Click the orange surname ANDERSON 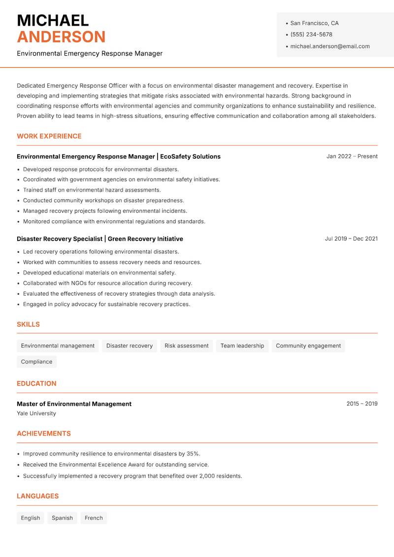click(61, 37)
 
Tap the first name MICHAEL click(53, 20)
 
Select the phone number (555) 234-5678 click(311, 35)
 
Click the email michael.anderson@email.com click(330, 46)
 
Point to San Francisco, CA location click(314, 23)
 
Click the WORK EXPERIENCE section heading click(49, 136)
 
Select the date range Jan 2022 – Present click(352, 156)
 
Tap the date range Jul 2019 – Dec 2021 click(351, 239)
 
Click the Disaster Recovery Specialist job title click(60, 239)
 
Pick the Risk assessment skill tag click(187, 346)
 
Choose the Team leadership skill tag click(242, 346)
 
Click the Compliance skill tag click(36, 362)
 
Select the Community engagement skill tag click(308, 346)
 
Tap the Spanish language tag click(62, 518)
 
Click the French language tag click(94, 518)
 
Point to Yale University click(36, 414)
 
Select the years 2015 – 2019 click(362, 404)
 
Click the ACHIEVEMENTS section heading click(44, 434)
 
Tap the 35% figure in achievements click(193, 454)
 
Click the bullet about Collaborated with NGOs click(107, 283)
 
